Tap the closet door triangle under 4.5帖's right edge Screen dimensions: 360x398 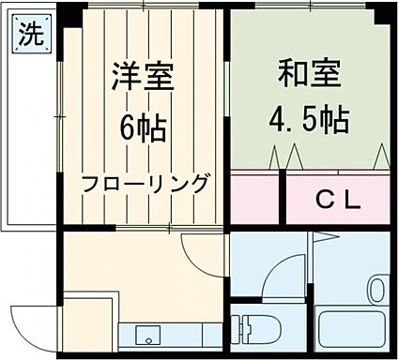point(382,155)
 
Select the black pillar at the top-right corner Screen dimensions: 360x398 point(383,16)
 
